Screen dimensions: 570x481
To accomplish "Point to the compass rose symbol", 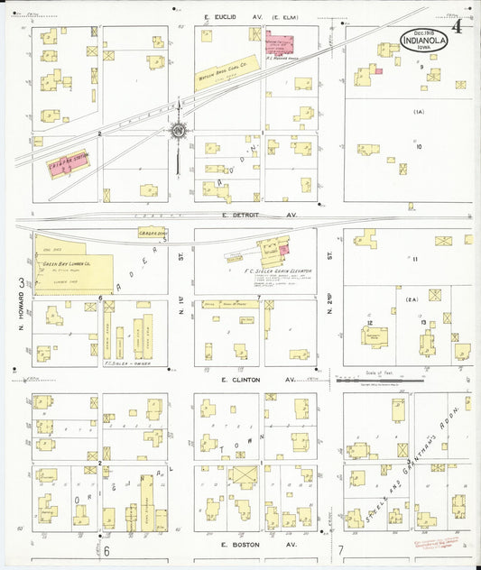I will [x=178, y=131].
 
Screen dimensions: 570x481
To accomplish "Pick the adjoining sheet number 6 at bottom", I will [x=106, y=550].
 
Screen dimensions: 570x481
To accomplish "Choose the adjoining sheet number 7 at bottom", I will [x=341, y=550].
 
